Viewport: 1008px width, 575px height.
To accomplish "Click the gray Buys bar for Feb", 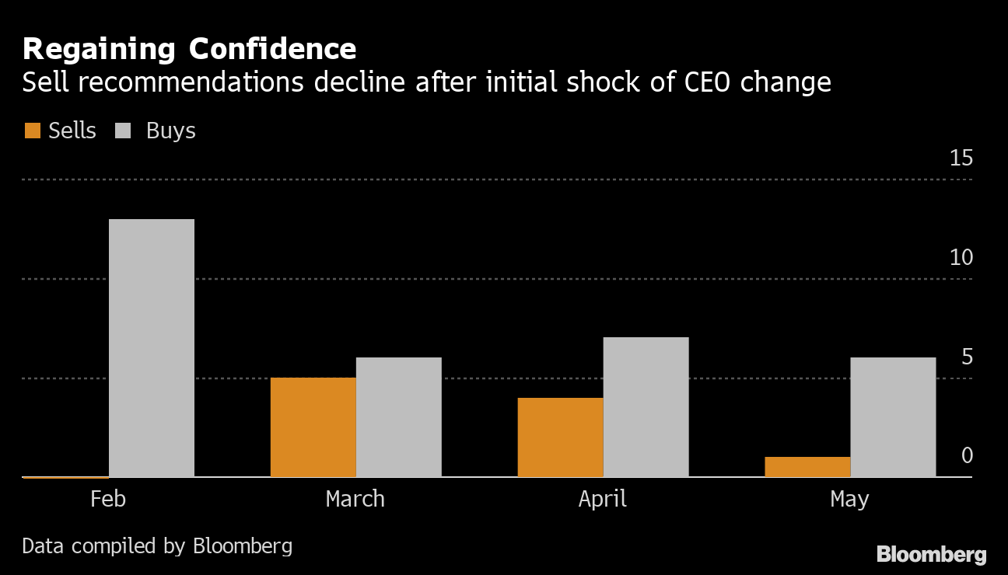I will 152,347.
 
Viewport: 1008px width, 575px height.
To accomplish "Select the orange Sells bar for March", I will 313,427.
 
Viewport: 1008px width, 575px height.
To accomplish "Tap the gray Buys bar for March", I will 399,416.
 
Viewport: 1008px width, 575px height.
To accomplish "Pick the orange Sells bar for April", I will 560,437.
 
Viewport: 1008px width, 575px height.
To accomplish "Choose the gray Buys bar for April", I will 646,406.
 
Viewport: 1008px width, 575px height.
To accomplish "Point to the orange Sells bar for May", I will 807,466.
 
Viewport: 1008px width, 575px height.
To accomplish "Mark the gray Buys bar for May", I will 893,416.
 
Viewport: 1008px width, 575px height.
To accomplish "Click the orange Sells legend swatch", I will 32,131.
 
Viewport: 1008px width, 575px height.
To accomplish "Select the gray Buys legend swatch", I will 123,131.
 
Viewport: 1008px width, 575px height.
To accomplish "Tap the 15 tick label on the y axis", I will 961,159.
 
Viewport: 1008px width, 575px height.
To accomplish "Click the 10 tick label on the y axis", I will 961,257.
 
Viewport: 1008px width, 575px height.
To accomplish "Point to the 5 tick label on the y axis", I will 967,357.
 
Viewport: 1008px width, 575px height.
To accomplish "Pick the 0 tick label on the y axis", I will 967,455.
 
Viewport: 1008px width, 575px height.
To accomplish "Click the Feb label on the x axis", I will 108,498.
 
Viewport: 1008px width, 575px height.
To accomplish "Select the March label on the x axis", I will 355,498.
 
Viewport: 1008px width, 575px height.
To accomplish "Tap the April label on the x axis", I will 602,498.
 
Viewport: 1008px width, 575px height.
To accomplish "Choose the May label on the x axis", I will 849,499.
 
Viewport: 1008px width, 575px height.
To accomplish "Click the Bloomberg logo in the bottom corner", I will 931,554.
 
